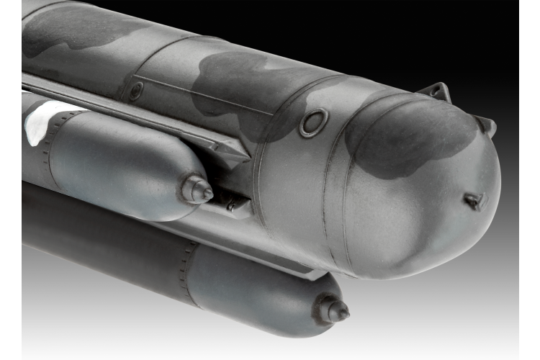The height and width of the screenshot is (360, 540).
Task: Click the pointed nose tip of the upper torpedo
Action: click(x=207, y=192)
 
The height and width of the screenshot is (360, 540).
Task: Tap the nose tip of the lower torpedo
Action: click(x=344, y=312)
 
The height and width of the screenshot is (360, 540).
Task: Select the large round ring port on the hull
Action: click(x=314, y=122)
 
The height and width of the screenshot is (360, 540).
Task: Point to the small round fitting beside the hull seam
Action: click(x=135, y=91)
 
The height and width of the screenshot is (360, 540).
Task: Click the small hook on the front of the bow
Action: click(x=475, y=201)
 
